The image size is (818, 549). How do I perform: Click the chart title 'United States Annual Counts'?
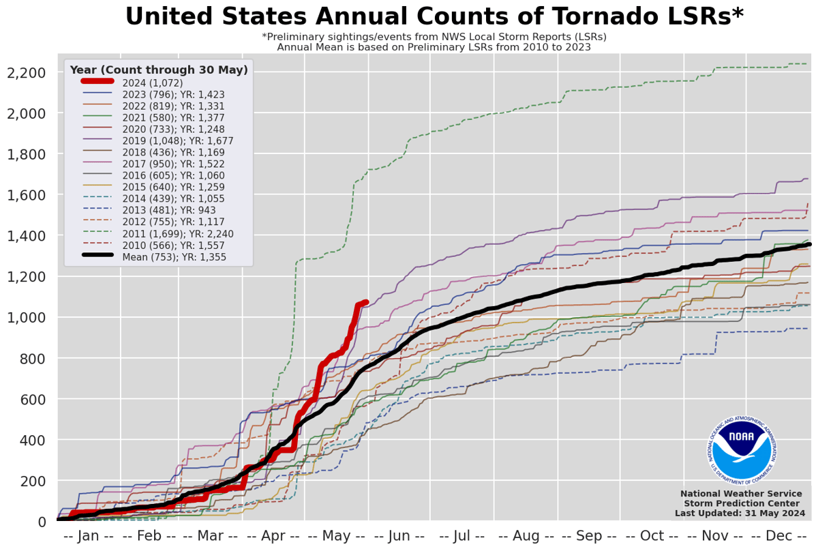coord(434,16)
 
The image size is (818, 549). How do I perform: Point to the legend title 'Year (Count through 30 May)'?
coord(159,70)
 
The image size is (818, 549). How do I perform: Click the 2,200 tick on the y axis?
coord(26,73)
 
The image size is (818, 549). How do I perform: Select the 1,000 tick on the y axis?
coord(26,318)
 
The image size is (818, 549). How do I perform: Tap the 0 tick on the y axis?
coord(42,522)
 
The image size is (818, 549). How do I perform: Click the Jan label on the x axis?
coord(89,536)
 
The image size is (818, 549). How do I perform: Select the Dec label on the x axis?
coord(778,536)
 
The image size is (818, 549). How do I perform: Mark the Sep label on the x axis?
coord(589,536)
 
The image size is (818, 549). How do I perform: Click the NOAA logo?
coord(740,447)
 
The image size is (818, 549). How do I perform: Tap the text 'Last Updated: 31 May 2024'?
coord(740,513)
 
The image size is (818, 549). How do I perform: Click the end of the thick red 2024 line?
coord(366,302)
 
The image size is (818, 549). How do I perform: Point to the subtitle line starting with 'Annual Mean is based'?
coord(434,47)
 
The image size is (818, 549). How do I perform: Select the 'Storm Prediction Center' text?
coord(740,503)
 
